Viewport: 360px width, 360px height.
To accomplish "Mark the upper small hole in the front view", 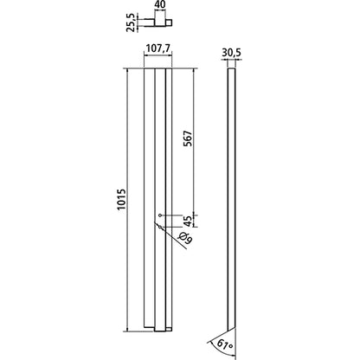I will [x=162, y=215].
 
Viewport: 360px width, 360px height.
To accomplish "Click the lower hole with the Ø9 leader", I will [x=162, y=228].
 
